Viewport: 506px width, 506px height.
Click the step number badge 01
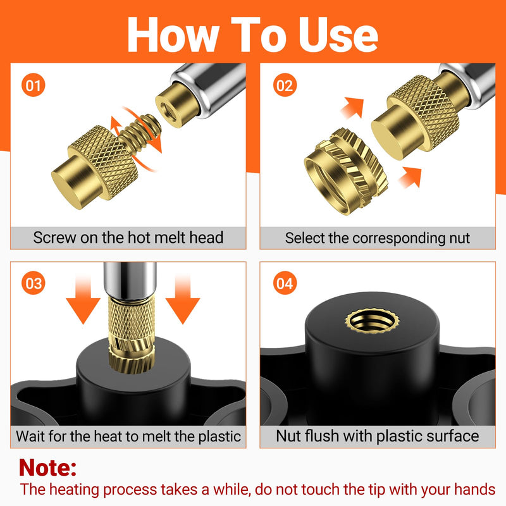(x=34, y=85)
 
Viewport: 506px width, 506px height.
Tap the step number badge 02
(x=285, y=85)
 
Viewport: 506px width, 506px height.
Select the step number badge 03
(x=34, y=283)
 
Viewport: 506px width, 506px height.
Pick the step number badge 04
(x=285, y=283)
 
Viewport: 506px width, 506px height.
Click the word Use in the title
(x=338, y=35)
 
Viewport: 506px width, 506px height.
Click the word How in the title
(x=173, y=35)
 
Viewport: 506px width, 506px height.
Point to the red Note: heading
(x=48, y=467)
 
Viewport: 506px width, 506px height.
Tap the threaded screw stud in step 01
(x=140, y=131)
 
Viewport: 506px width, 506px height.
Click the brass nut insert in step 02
(x=346, y=171)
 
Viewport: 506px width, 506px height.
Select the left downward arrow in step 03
(x=83, y=299)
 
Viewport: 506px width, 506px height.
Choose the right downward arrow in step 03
(x=183, y=299)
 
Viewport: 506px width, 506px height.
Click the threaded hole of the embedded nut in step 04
(x=372, y=321)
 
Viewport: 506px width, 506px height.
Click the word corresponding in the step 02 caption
(x=399, y=239)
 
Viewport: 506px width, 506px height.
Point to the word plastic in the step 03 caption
(x=219, y=436)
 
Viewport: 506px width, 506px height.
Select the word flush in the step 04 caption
(x=322, y=436)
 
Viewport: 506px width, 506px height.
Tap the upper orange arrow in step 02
(x=353, y=108)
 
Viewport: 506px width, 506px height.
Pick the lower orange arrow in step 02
(x=410, y=177)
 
